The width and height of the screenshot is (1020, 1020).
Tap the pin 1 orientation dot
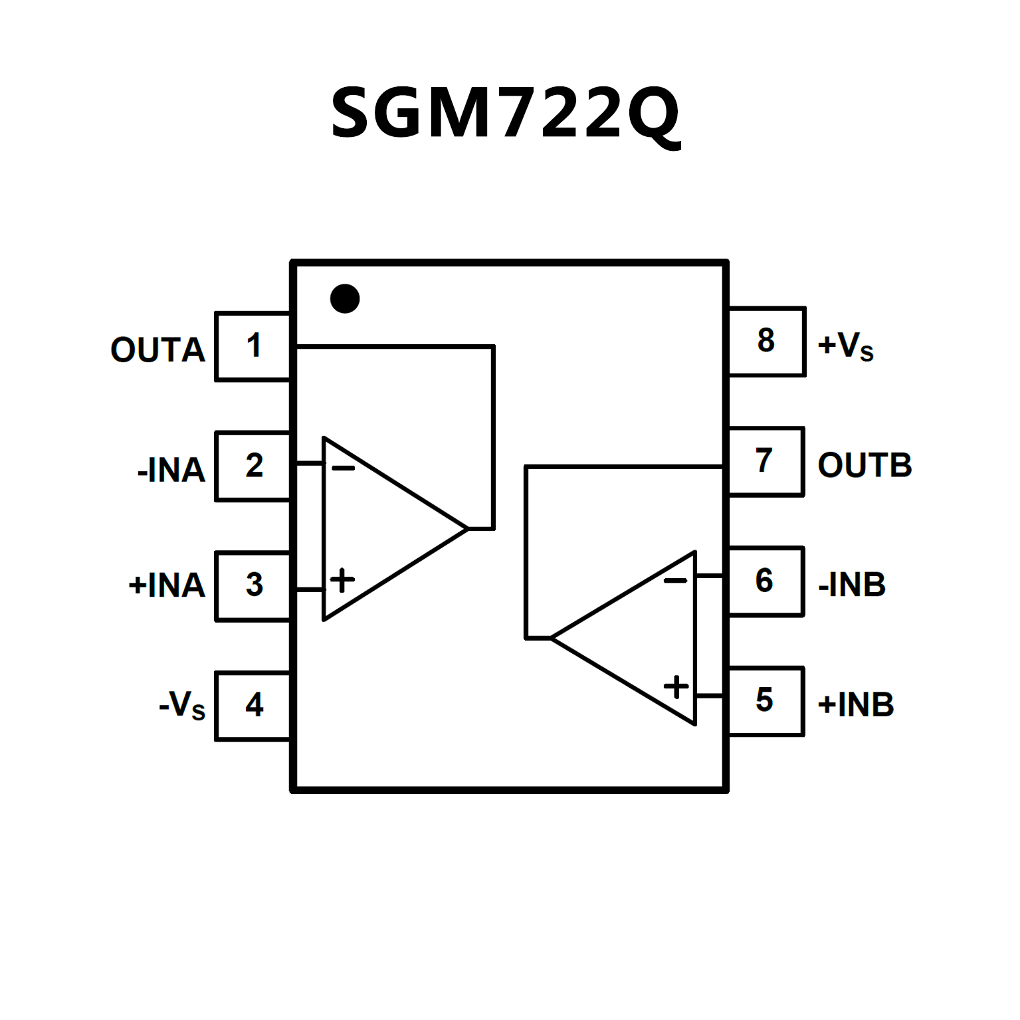coord(345,298)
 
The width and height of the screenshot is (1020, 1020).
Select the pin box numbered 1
coord(253,346)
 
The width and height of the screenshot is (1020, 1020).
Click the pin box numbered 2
coord(253,466)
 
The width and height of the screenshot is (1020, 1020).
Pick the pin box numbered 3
coord(253,585)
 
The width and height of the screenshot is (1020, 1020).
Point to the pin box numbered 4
coord(253,705)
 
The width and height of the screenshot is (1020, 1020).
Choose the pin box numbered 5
coord(765,701)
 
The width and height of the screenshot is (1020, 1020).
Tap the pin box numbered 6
coord(765,581)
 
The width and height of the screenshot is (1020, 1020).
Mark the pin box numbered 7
coord(765,461)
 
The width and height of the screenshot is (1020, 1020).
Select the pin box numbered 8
coord(766,342)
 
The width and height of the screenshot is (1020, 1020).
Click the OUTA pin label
coord(157,350)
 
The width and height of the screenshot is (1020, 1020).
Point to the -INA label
coord(171,470)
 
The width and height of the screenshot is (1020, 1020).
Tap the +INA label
coord(166,585)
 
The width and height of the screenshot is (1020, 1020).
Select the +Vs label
coord(845,346)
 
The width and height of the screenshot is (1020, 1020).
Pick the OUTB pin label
coord(865,465)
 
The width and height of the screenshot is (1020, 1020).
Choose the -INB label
coord(852,585)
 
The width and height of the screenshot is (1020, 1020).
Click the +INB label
coord(856,704)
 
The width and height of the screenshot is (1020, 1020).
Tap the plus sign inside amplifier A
coord(342,580)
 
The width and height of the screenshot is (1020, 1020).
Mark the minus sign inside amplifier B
coord(675,581)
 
